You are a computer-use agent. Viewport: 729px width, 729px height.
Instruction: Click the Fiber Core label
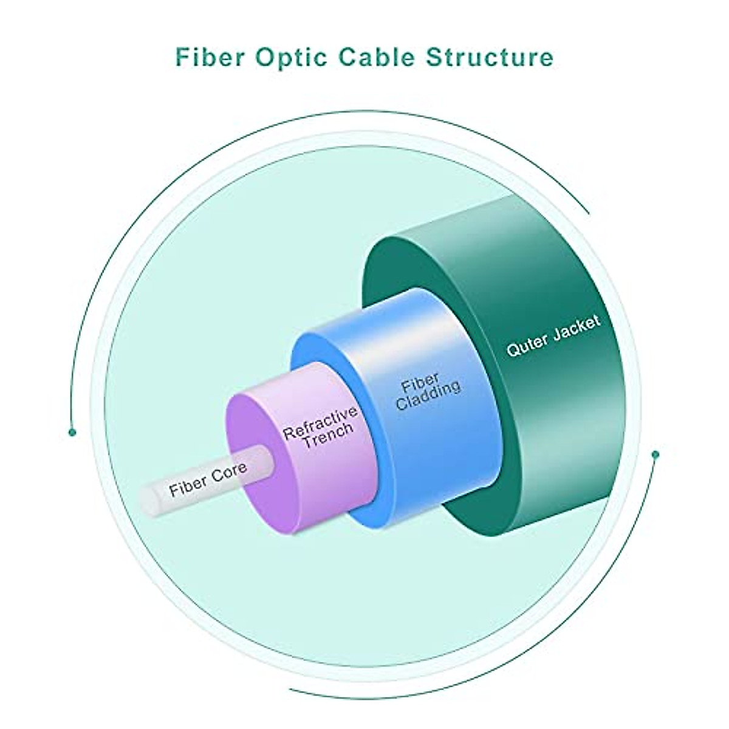coord(208,479)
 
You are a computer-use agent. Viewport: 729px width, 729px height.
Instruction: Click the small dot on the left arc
coord(72,432)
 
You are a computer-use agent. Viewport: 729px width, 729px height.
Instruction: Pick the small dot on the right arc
coord(655,454)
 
